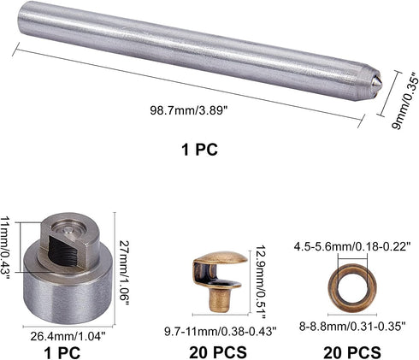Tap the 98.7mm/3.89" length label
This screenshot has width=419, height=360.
(x=190, y=110)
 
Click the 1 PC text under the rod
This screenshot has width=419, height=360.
(x=199, y=149)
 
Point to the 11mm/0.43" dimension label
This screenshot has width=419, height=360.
(x=5, y=247)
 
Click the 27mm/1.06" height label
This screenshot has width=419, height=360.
(x=124, y=273)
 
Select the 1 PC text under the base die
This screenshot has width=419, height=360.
(x=62, y=352)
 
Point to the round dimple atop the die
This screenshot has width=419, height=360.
(x=68, y=229)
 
